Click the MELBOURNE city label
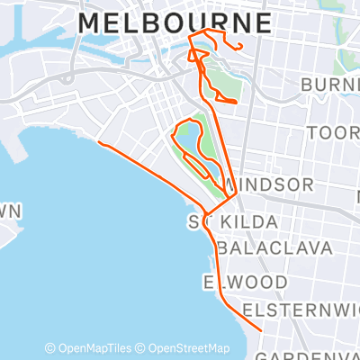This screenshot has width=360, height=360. tap(175, 22)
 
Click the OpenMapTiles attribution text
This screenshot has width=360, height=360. tap(93, 348)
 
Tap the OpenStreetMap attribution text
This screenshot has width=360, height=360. tap(187, 348)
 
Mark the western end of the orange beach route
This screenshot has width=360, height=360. tap(97, 141)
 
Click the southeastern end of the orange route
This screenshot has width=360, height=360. tap(261, 331)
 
